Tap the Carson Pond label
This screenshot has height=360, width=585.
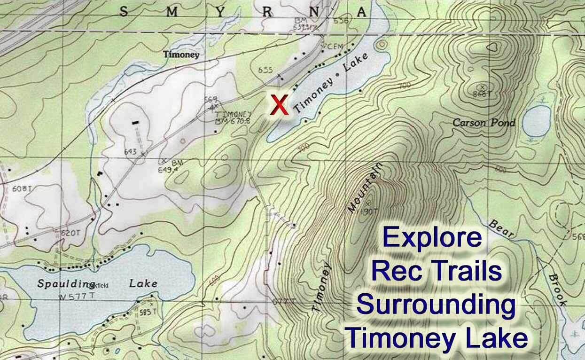tap(484, 123)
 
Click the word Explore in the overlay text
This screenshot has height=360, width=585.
tap(432, 238)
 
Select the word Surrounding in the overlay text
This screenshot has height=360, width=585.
tap(435, 305)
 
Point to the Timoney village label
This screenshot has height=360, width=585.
tap(181, 55)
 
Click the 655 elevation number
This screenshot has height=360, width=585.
tap(265, 70)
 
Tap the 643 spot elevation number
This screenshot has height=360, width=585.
tap(131, 151)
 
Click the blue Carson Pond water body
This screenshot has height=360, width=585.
tap(537, 120)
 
